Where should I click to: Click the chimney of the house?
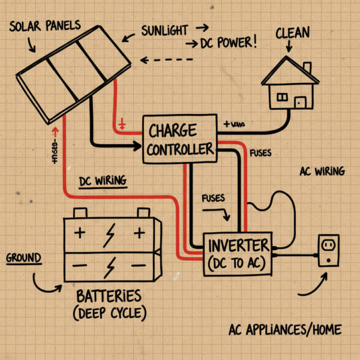(x=307, y=68)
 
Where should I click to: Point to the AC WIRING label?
(x=322, y=172)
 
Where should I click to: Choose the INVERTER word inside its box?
(x=238, y=246)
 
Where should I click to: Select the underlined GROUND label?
(x=24, y=259)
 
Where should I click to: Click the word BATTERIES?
(x=109, y=296)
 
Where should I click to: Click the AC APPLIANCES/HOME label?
(x=285, y=330)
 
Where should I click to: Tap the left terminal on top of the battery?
(x=80, y=213)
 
